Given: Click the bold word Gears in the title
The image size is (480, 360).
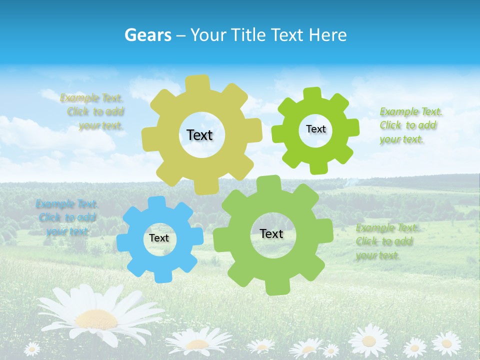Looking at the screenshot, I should pyautogui.click(x=147, y=35).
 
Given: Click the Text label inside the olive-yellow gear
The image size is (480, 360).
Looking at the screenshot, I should pyautogui.click(x=199, y=135).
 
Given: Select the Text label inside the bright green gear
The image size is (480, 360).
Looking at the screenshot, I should pyautogui.click(x=315, y=129).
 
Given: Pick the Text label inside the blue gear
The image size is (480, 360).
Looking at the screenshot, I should pyautogui.click(x=159, y=238).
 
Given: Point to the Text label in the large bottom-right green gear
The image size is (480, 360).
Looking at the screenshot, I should pyautogui.click(x=271, y=233).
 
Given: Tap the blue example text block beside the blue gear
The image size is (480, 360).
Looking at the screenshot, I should pyautogui.click(x=66, y=217).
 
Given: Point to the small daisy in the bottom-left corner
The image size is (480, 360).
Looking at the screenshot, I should pyautogui.click(x=32, y=348).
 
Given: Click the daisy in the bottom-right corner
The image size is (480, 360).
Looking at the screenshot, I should pyautogui.click(x=446, y=343).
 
